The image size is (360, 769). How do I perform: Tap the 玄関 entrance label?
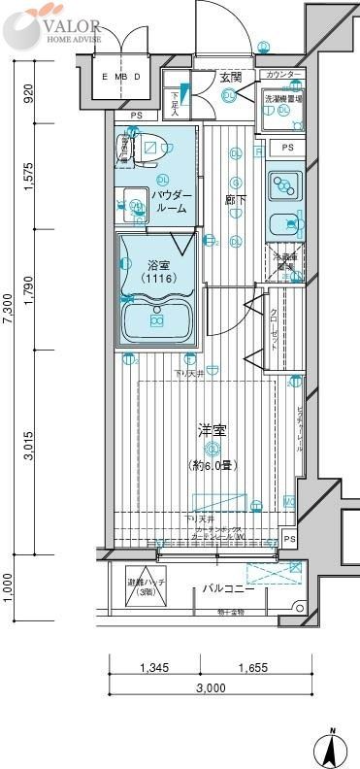click(x=230, y=77)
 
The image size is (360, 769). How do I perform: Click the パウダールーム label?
click(x=171, y=201)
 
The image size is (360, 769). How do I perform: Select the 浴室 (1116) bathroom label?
click(x=158, y=271)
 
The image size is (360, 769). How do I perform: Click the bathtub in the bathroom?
click(x=155, y=319)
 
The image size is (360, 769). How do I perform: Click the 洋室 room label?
click(x=211, y=427)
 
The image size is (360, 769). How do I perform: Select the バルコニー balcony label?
click(x=229, y=588)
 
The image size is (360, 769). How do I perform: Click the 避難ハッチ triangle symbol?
click(x=140, y=583)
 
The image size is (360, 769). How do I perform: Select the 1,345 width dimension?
click(x=153, y=668)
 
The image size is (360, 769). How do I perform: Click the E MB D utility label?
click(x=122, y=76)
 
